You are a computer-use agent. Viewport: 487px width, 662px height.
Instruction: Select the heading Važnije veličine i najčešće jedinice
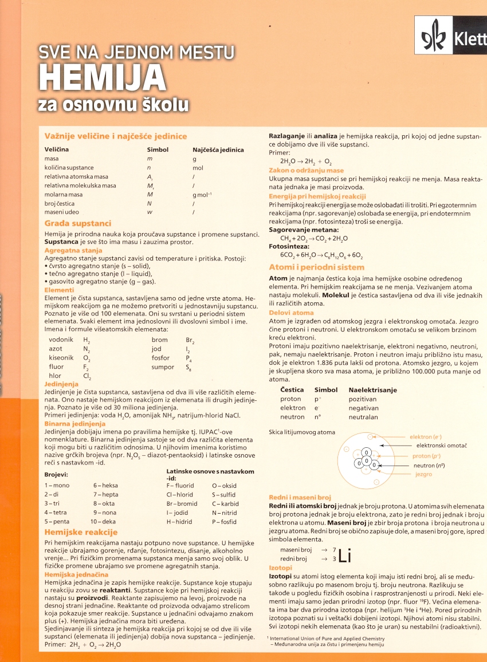click(x=116, y=136)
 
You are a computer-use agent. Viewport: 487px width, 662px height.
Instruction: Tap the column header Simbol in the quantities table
click(x=158, y=149)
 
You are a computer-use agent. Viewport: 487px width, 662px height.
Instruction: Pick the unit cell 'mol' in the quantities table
click(x=198, y=168)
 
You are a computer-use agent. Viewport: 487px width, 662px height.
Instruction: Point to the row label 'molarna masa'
click(x=64, y=195)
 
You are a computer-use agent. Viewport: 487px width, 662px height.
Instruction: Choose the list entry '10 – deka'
click(x=104, y=522)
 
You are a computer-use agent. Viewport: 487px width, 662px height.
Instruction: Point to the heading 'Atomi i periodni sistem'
click(x=316, y=267)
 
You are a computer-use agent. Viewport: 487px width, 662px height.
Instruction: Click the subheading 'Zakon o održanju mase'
click(x=307, y=171)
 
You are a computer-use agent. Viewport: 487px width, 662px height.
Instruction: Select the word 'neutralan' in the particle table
click(x=363, y=417)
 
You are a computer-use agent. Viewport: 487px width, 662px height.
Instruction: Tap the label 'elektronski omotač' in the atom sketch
click(x=442, y=446)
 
